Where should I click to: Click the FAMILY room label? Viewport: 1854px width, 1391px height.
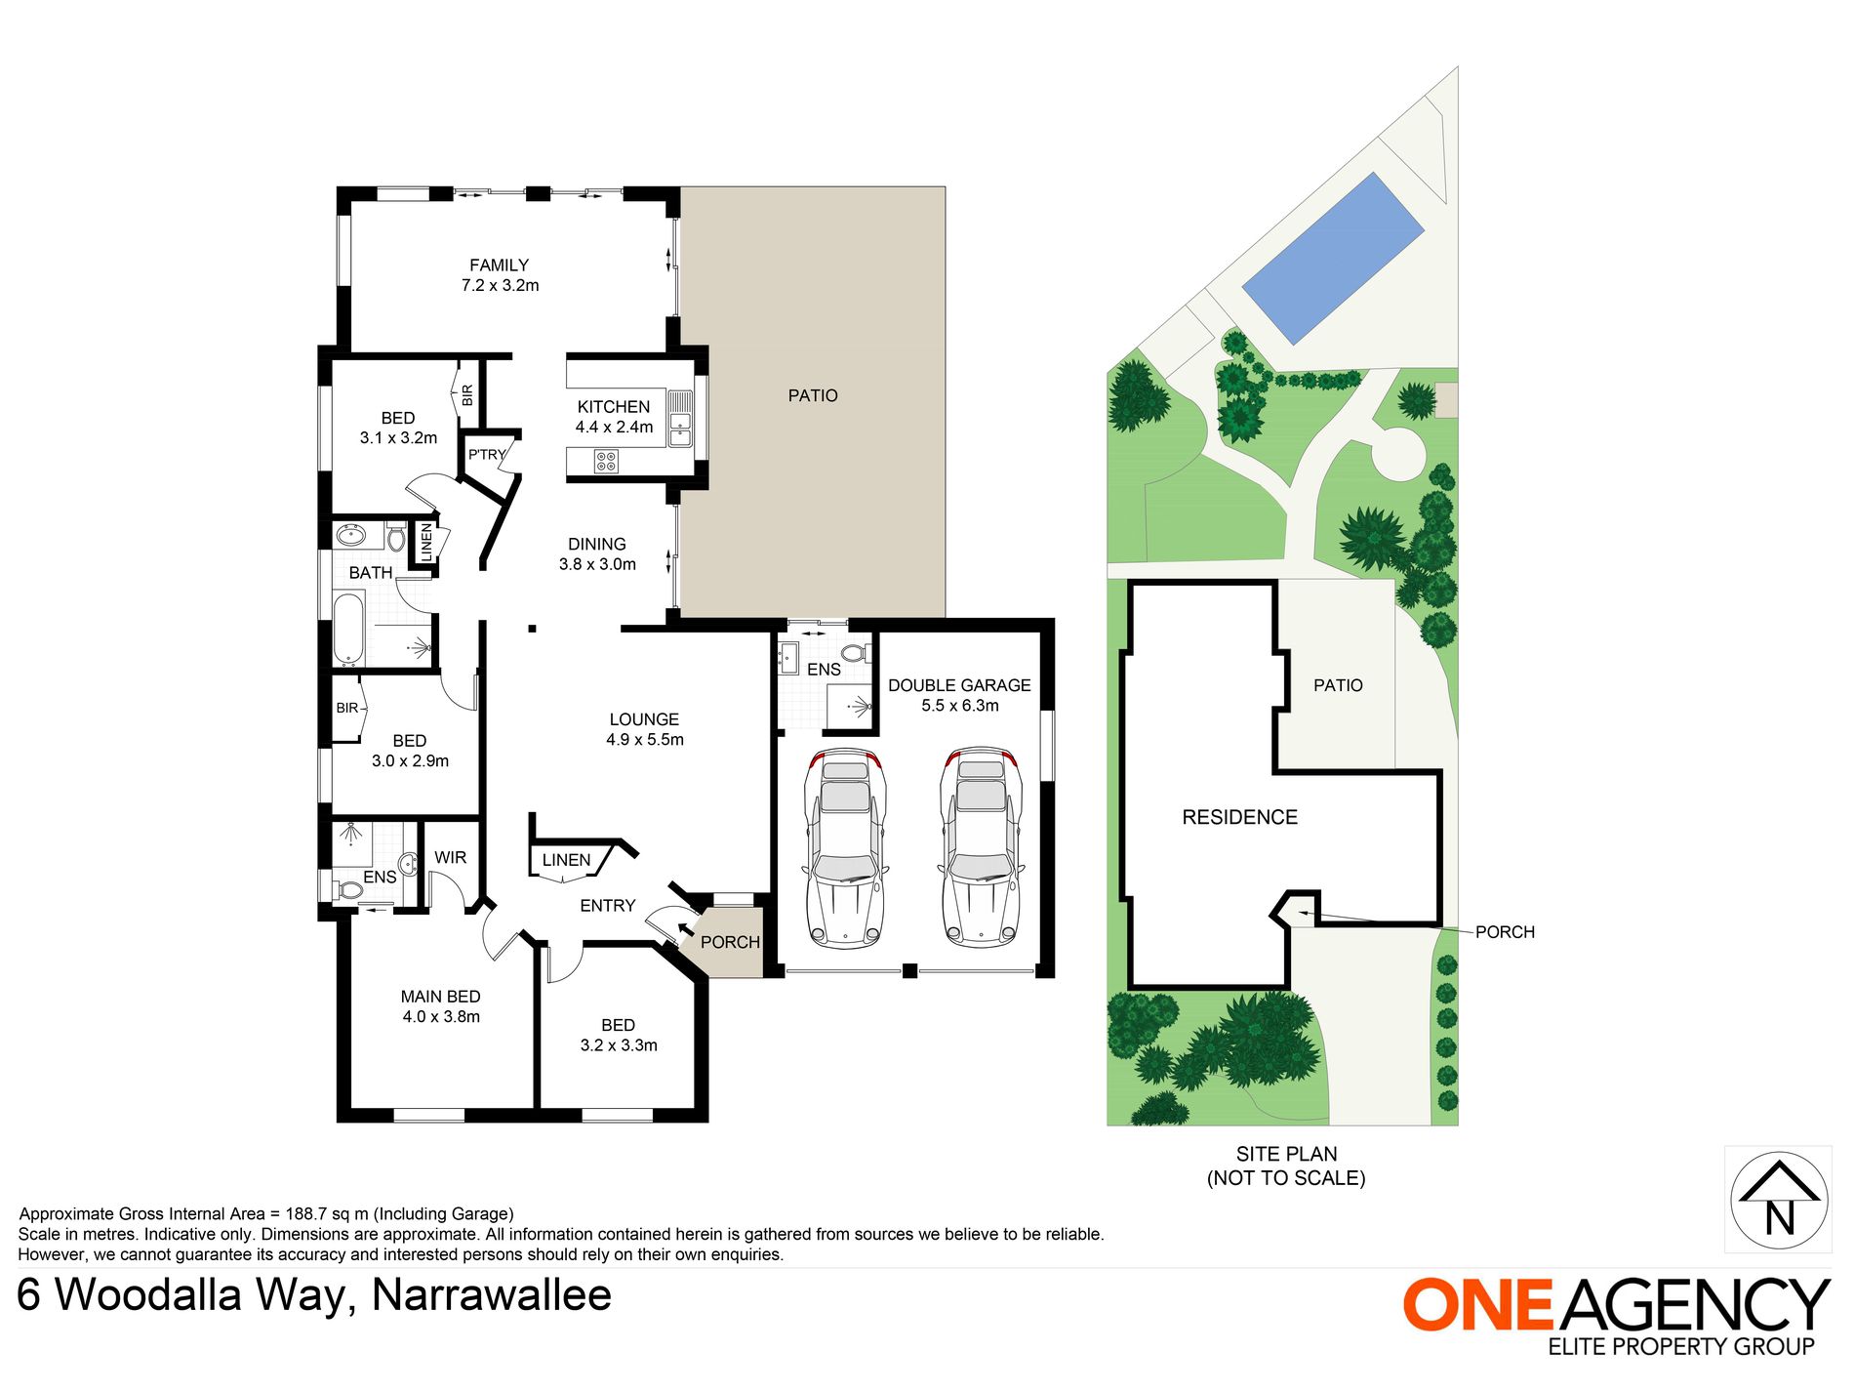(x=499, y=266)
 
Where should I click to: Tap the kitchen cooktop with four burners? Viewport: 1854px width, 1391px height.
(x=606, y=461)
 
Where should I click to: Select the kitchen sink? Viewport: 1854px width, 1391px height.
(x=680, y=428)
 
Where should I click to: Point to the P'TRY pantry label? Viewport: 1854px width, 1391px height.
(x=487, y=455)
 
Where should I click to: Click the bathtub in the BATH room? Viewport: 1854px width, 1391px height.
(x=348, y=628)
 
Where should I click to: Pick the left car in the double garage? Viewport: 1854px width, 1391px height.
(x=845, y=847)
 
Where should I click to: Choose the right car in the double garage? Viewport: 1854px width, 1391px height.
(x=981, y=847)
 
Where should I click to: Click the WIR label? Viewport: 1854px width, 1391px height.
(x=450, y=858)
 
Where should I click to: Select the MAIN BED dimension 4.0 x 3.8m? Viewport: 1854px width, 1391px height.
(x=441, y=1017)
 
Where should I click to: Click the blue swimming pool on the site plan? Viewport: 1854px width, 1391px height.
(x=1333, y=259)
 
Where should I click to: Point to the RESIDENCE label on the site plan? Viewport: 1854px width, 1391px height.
(x=1239, y=818)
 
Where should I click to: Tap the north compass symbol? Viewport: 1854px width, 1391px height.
(x=1779, y=1200)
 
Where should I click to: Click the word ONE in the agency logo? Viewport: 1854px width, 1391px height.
(x=1477, y=1304)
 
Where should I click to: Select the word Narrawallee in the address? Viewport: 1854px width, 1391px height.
(x=492, y=1296)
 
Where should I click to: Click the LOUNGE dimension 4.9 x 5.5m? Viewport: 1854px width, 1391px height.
(x=645, y=740)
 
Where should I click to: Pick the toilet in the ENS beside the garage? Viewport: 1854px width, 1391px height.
(x=856, y=652)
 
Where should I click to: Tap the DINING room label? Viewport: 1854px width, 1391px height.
(x=597, y=545)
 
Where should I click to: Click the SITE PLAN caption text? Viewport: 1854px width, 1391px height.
(x=1286, y=1155)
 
